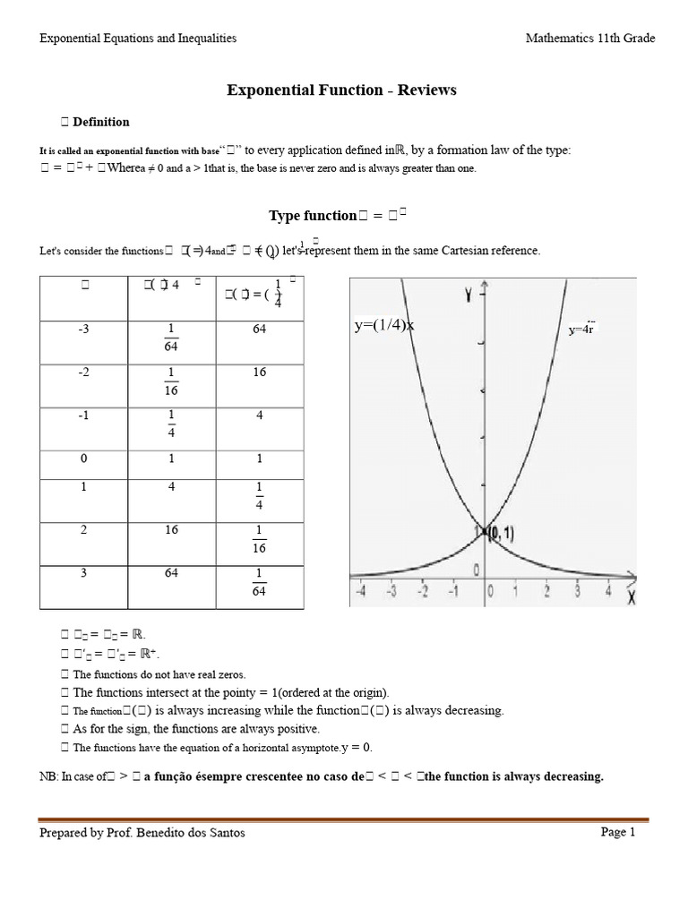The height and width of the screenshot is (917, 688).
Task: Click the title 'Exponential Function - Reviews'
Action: point(341,90)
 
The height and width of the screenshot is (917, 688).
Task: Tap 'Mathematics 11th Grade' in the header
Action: point(590,38)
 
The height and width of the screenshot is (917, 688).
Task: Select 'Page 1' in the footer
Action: point(618,832)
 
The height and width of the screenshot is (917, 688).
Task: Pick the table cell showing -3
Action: point(86,330)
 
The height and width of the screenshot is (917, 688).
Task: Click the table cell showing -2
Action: point(86,373)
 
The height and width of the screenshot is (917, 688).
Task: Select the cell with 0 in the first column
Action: point(86,458)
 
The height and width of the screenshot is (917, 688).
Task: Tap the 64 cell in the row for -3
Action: point(260,330)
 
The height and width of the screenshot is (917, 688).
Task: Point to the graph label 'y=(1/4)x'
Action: point(385,326)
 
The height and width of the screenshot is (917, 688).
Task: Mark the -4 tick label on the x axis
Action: point(360,591)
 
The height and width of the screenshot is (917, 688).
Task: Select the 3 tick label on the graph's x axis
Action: point(579,591)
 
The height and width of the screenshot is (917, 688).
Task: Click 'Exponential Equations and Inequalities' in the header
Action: point(138,38)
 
